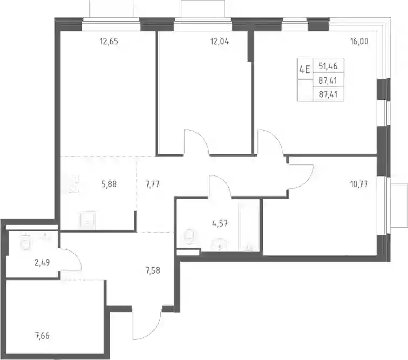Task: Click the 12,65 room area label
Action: [x=109, y=42]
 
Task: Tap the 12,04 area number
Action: [x=220, y=42]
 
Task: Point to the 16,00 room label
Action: [x=359, y=42]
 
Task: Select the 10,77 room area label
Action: [x=359, y=185]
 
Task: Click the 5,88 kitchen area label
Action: [x=109, y=184]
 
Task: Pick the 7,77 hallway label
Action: [x=152, y=185]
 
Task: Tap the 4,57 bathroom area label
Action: [x=220, y=223]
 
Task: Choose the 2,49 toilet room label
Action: [x=42, y=263]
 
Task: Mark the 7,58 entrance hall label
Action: [x=153, y=271]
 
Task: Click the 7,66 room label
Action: [x=42, y=336]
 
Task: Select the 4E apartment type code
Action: [x=305, y=70]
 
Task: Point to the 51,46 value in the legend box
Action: [x=328, y=66]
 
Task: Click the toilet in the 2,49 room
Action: [x=25, y=242]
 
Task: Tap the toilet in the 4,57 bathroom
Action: [x=189, y=236]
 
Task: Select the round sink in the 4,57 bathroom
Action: [x=220, y=244]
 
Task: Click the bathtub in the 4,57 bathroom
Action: [x=249, y=228]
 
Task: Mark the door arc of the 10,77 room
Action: [x=307, y=182]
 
